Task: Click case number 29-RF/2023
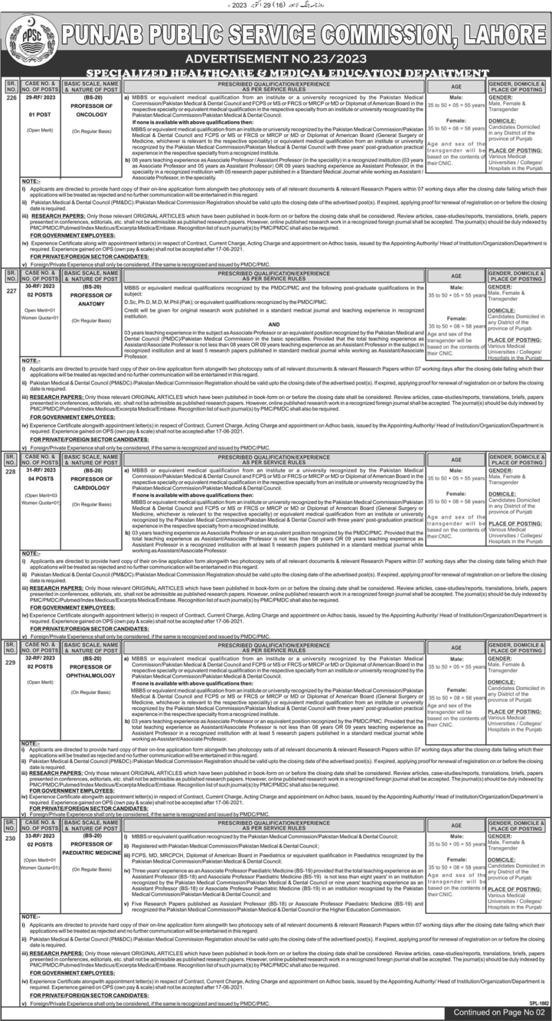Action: click(40, 96)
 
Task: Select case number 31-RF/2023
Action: click(40, 470)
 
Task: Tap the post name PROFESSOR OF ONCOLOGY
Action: click(92, 108)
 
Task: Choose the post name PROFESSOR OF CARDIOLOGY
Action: click(92, 483)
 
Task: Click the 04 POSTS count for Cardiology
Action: click(40, 479)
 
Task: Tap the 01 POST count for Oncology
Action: click(40, 114)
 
